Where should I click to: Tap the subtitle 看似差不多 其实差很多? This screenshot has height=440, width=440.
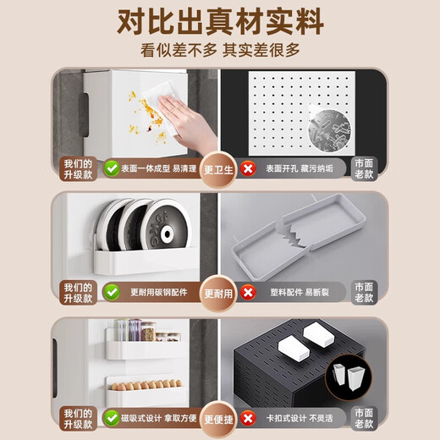220,50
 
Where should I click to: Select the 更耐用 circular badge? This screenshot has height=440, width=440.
219,293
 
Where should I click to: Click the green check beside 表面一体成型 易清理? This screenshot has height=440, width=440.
111,168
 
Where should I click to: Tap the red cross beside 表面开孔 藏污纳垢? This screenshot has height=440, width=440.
247,168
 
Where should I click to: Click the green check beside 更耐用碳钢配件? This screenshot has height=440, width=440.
111,293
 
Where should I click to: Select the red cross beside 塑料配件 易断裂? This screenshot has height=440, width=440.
247,293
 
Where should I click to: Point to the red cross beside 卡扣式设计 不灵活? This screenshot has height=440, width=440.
247,418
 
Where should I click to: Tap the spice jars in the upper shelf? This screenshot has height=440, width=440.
139,333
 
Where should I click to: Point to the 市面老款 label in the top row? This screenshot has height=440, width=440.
364,168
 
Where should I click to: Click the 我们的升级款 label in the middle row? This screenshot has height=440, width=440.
76,293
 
